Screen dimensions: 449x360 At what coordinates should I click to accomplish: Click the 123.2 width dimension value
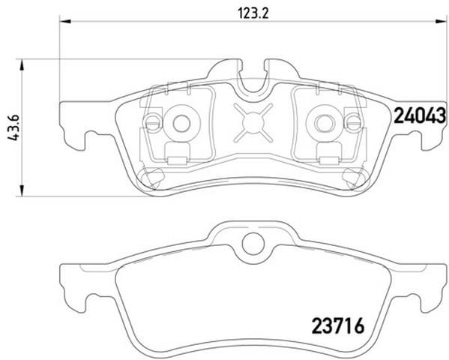click(253, 13)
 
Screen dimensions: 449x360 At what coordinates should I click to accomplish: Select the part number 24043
click(420, 115)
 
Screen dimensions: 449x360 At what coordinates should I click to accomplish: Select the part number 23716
click(338, 325)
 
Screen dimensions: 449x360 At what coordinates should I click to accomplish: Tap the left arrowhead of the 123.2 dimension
click(64, 21)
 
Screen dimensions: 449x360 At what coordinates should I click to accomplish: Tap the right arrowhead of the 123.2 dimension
click(441, 21)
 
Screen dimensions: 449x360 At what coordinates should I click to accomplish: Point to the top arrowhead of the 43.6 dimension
click(22, 65)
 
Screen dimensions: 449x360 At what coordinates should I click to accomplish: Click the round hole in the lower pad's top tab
click(253, 243)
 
